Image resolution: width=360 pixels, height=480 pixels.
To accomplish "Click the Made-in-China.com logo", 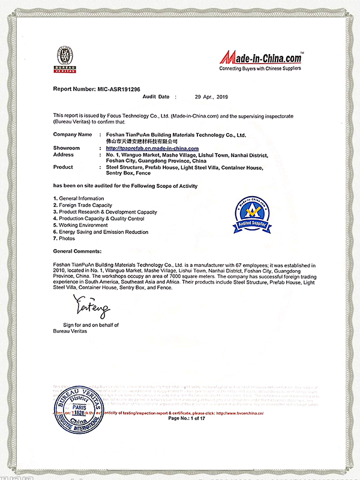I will [x=260, y=59].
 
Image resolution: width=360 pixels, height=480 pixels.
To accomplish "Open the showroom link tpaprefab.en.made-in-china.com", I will [x=152, y=148].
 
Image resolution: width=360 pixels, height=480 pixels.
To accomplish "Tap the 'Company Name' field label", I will [x=73, y=134].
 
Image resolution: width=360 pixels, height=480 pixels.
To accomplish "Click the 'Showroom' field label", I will [x=66, y=148].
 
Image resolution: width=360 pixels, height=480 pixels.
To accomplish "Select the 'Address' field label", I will [x=64, y=154].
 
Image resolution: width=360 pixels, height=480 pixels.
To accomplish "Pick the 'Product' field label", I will [x=63, y=167].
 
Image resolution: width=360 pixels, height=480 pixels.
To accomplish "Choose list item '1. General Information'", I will [x=79, y=199].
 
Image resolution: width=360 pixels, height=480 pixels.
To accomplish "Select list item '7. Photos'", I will [x=64, y=238].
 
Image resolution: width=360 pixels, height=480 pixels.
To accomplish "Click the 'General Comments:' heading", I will [x=77, y=251].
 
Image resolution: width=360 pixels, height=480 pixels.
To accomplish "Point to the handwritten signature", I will [x=91, y=307].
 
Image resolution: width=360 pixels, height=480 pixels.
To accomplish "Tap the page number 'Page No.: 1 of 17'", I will [x=187, y=418].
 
